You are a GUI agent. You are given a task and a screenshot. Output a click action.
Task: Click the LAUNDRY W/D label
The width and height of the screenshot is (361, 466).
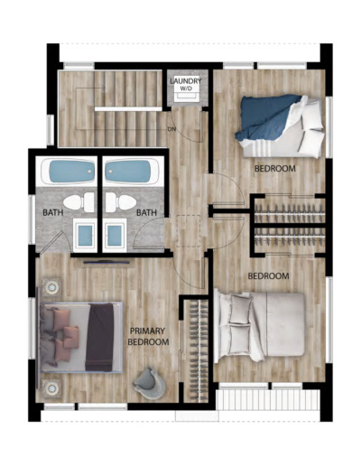[186, 85]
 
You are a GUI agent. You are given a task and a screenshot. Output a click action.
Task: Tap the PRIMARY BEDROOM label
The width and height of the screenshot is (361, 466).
[148, 337]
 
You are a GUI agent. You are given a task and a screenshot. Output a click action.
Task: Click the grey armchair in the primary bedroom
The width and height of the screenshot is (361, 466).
[150, 384]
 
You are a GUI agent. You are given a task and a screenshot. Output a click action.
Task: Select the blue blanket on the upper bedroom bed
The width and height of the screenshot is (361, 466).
[266, 117]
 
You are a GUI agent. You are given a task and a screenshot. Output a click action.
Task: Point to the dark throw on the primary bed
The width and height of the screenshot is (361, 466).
[100, 337]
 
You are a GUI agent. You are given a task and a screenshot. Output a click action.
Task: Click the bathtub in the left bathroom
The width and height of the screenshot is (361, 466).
[69, 172]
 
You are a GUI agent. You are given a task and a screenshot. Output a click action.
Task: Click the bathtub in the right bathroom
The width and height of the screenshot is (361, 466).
[131, 172]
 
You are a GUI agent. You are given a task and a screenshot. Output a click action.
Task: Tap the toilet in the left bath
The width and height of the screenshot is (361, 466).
[79, 202]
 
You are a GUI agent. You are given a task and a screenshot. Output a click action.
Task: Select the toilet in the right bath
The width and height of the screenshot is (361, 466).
[121, 202]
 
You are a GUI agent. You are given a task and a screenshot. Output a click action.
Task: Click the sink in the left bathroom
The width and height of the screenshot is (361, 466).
[85, 235]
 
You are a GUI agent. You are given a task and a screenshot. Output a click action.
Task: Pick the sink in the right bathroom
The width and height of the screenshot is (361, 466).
[115, 235]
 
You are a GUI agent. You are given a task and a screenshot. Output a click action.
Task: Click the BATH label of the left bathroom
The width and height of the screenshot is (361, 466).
[53, 212]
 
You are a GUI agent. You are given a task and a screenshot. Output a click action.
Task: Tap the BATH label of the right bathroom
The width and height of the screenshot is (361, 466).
[146, 212]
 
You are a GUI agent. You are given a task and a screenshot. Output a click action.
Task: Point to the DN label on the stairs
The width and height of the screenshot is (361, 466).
[171, 129]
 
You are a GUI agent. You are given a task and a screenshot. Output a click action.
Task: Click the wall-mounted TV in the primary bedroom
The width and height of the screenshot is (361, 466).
[106, 262]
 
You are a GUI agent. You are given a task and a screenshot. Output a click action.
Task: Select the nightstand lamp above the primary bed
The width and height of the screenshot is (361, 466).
[52, 287]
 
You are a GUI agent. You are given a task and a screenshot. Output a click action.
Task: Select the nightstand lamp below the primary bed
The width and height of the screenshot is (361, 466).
[52, 388]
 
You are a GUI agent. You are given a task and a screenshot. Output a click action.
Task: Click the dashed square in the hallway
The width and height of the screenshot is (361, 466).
[189, 231]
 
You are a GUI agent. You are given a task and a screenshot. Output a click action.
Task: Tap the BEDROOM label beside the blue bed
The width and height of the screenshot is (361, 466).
[275, 169]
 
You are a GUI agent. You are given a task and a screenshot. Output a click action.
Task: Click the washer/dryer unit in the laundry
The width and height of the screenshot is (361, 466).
[186, 89]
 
